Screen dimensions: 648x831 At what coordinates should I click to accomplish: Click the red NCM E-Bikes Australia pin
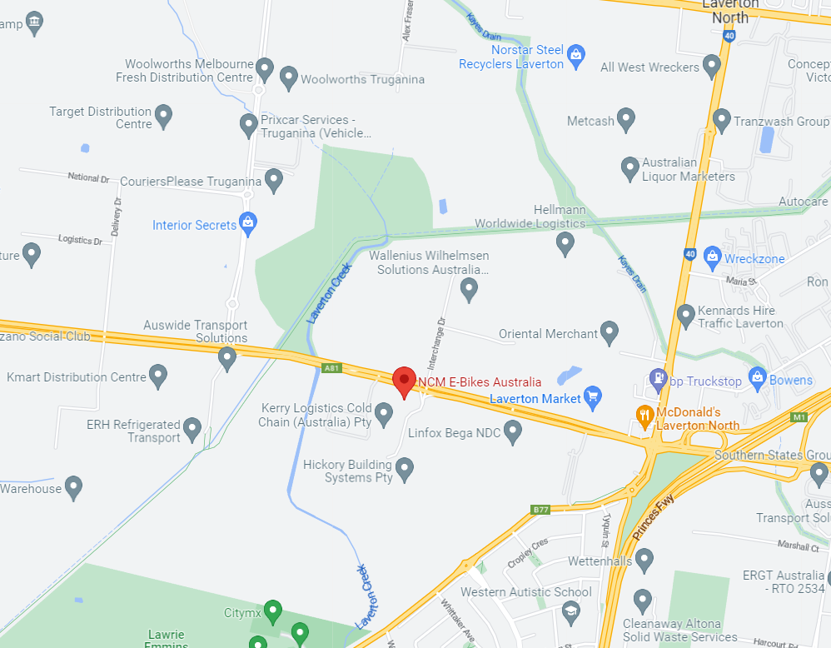(x=404, y=381)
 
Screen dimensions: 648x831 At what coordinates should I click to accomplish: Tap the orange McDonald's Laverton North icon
(x=644, y=414)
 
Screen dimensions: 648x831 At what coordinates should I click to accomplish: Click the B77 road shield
(x=541, y=509)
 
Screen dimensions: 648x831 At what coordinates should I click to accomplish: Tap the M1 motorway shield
(x=800, y=416)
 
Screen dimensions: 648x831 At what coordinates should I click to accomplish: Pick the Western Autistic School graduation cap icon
(x=570, y=613)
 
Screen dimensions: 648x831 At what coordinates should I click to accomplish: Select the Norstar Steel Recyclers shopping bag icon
(x=575, y=56)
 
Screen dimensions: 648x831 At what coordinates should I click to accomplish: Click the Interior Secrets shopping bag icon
(x=247, y=222)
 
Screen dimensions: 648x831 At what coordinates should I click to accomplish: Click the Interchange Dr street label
(x=436, y=342)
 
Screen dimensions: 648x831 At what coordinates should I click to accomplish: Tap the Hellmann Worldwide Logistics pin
(x=565, y=243)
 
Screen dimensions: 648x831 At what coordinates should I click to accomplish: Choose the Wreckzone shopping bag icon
(x=712, y=257)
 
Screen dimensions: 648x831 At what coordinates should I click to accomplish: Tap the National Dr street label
(x=88, y=177)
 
